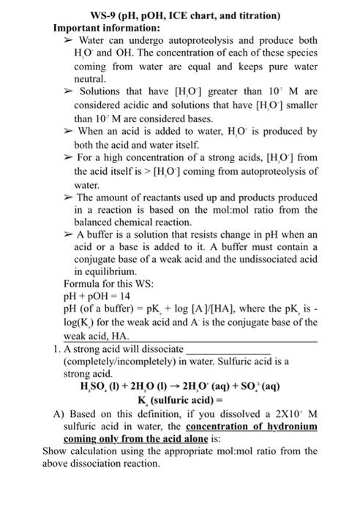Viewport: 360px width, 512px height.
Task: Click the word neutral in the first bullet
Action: (91, 79)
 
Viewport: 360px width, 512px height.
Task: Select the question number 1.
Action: (56, 349)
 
